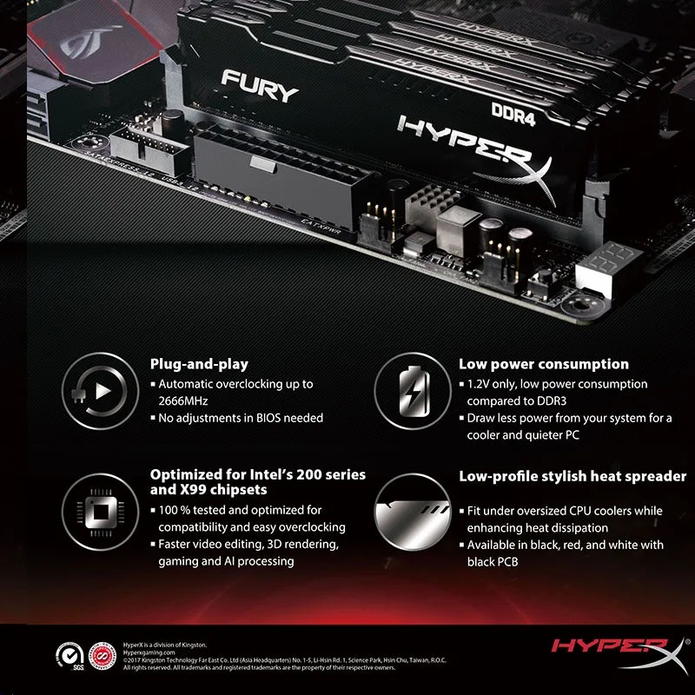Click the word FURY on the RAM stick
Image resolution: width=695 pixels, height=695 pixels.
pos(260,84)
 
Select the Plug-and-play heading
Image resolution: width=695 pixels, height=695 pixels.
pos(199,364)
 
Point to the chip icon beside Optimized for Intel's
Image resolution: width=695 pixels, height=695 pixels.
pos(98,509)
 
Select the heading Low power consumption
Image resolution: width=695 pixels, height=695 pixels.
pos(543,364)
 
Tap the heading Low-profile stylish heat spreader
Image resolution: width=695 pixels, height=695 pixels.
pos(573,476)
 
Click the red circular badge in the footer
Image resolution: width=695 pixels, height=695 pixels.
pos(101,654)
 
